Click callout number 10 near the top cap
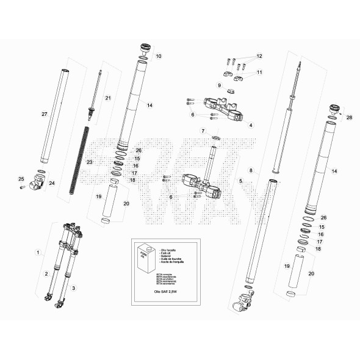tap(158, 56)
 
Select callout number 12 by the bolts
tap(259, 56)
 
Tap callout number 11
tap(259, 72)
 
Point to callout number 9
tap(218, 85)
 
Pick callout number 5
tap(241, 181)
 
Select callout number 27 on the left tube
tap(44, 114)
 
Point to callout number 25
tap(20, 179)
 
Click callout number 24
tap(51, 182)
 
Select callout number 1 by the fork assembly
tap(38, 251)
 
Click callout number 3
tap(74, 287)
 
